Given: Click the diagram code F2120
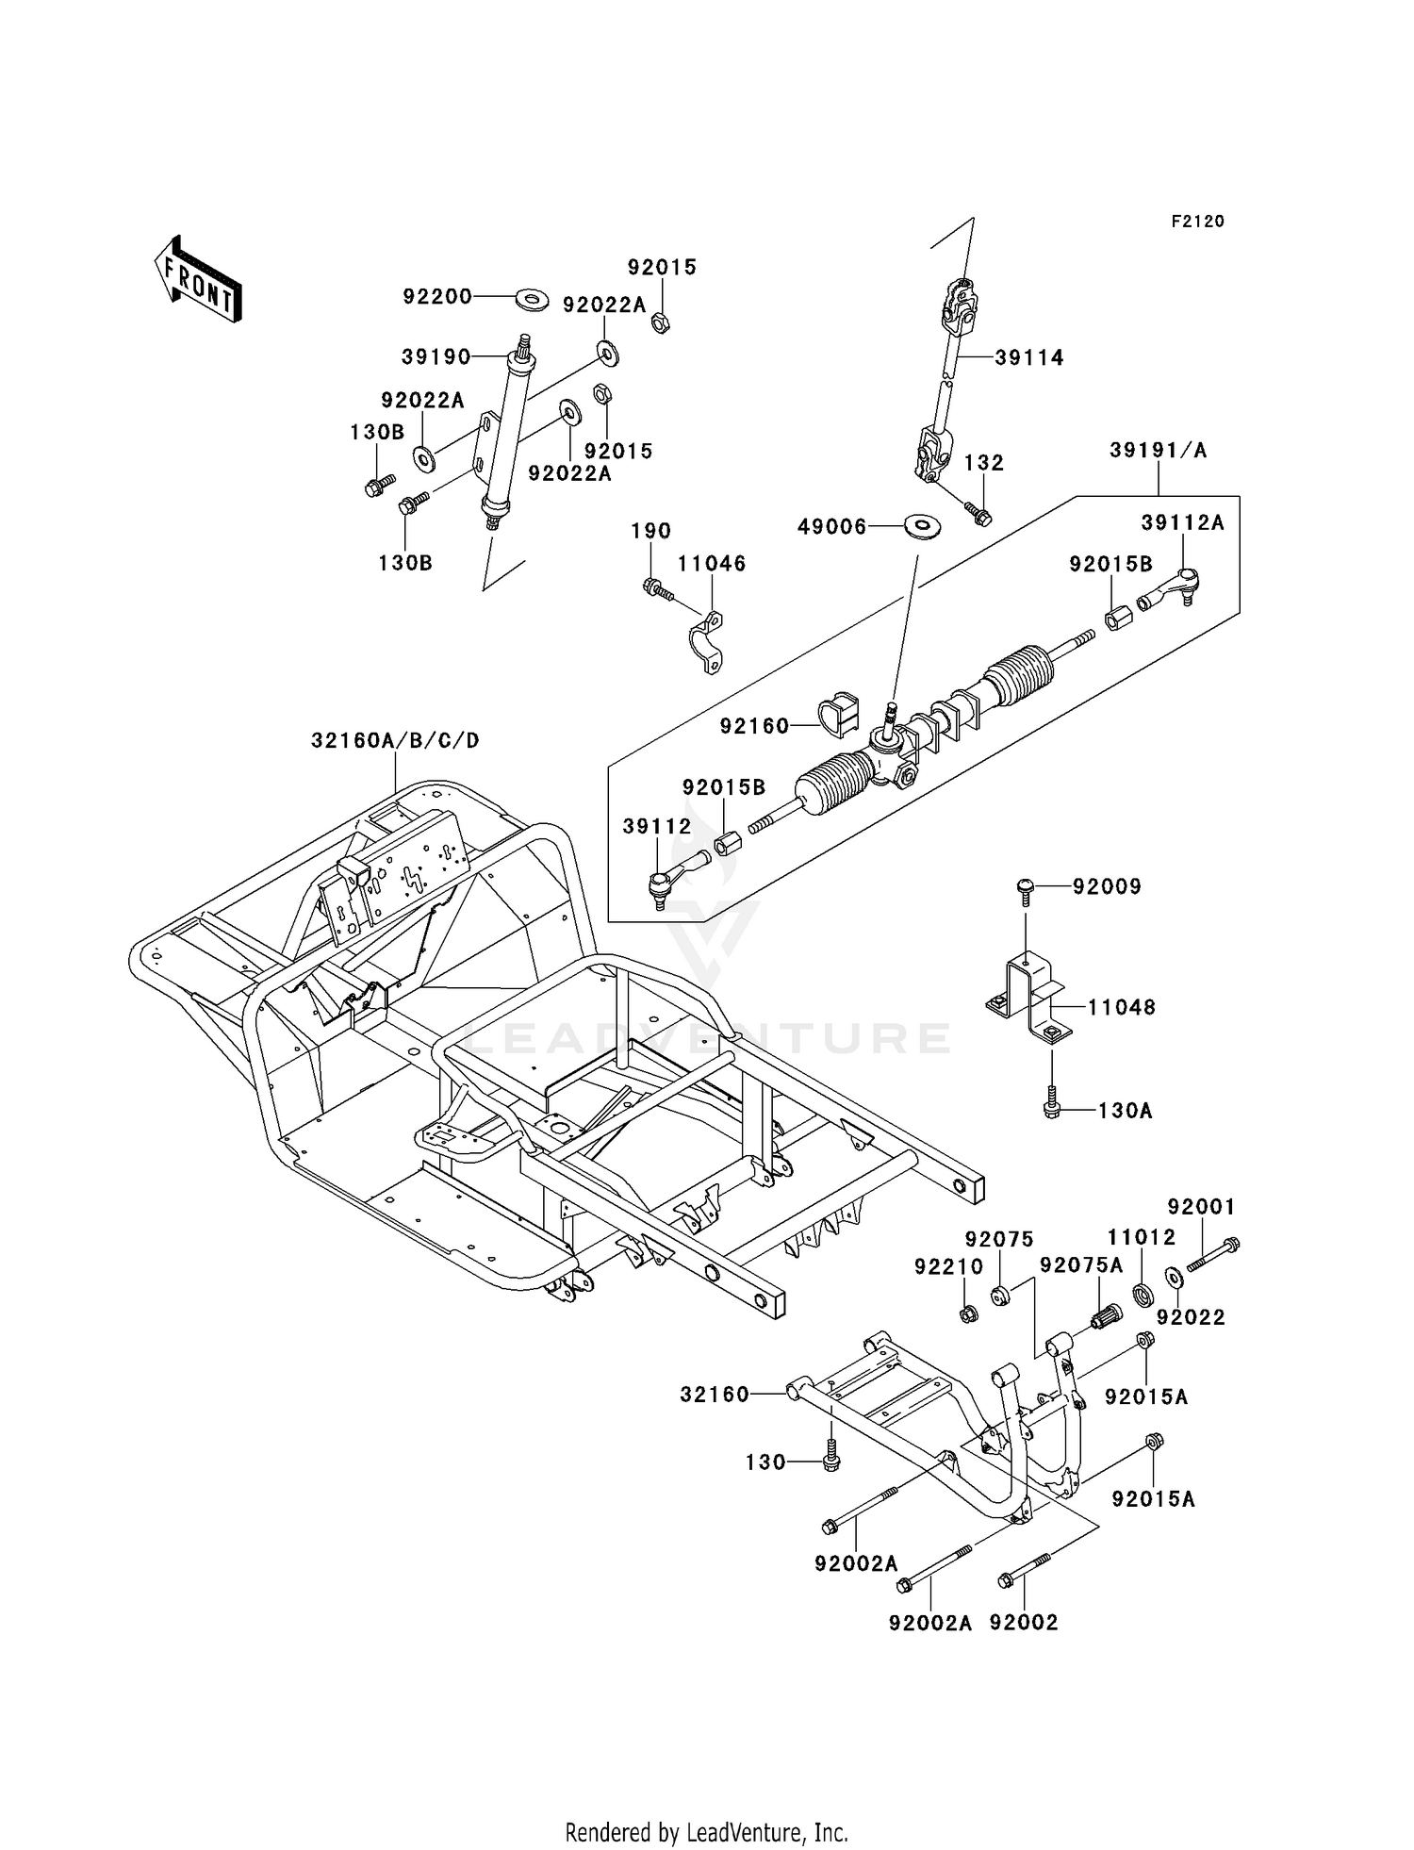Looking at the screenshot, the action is coord(1198,222).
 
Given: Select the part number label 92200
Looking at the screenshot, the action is coord(437,296).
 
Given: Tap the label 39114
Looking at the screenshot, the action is coord(1029,357).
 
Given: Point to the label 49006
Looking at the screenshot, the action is coord(832,527).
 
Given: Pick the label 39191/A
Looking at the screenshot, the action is coord(1158,450).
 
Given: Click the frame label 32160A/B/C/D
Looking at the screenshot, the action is coord(395,740).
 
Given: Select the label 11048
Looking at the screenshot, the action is coord(1122,1007).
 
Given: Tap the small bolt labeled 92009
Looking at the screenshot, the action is coord(1025,890).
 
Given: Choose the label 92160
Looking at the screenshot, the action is coord(754,726).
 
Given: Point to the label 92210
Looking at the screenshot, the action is coord(948,1266).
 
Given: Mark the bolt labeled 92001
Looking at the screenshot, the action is coord(1213,1254).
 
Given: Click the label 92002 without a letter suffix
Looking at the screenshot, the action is coord(1024,1623).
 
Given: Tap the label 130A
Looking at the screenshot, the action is coord(1126,1111).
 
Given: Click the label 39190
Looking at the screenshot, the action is coord(436,356).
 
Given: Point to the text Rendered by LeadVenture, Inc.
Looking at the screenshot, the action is coord(707,1808).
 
